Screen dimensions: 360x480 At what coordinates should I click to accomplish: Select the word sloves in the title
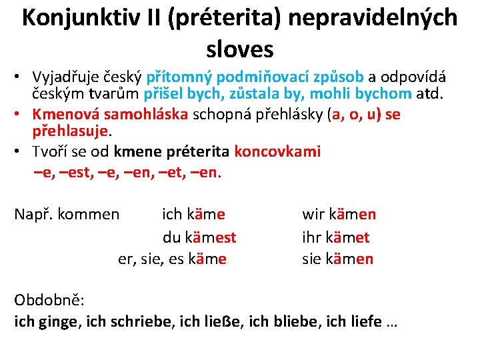coord(240,49)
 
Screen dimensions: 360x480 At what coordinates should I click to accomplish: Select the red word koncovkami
coord(277,151)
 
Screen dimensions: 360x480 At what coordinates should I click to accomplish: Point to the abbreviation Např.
coord(33,215)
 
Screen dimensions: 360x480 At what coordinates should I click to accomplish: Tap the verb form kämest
coord(211,237)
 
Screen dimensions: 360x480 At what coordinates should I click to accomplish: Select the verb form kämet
coord(345,237)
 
